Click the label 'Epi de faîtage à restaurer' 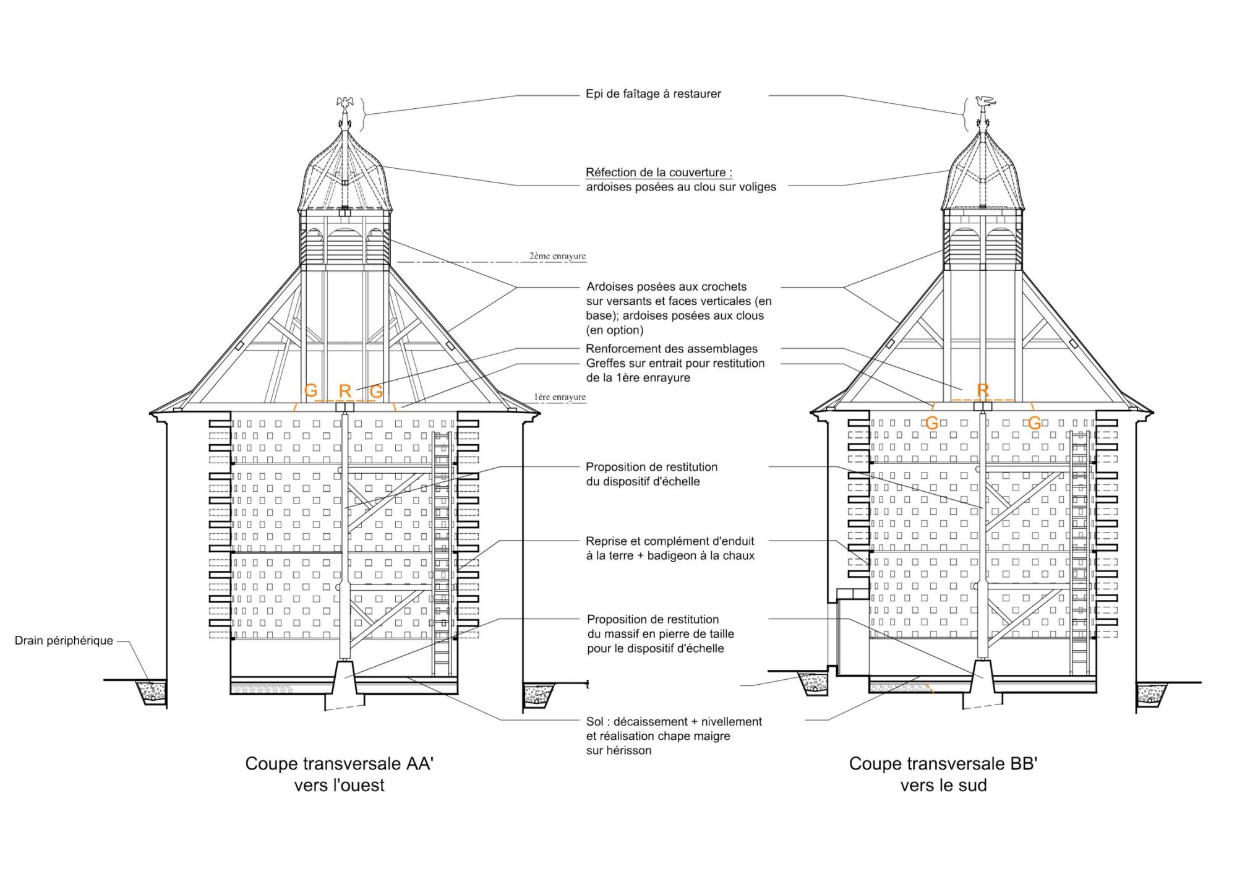[653, 94]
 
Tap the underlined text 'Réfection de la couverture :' [659, 173]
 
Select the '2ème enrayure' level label [557, 256]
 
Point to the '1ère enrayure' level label [560, 397]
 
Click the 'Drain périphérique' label [64, 641]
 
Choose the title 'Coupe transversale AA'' [339, 763]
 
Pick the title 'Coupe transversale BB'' [943, 763]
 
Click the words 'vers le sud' [943, 786]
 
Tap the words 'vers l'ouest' [339, 786]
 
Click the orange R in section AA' [345, 391]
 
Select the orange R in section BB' [983, 390]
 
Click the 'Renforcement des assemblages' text [672, 349]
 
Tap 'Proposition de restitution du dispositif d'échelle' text [651, 474]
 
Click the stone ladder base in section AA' [345, 677]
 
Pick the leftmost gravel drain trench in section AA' [152, 692]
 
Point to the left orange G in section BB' [931, 423]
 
